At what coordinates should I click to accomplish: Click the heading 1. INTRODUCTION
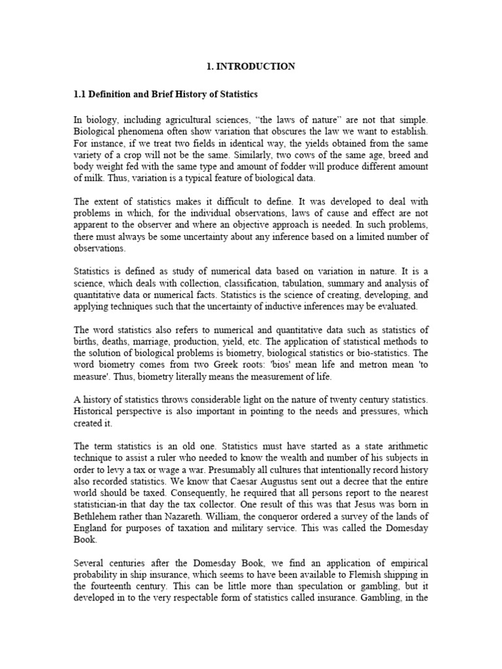tap(250, 66)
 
